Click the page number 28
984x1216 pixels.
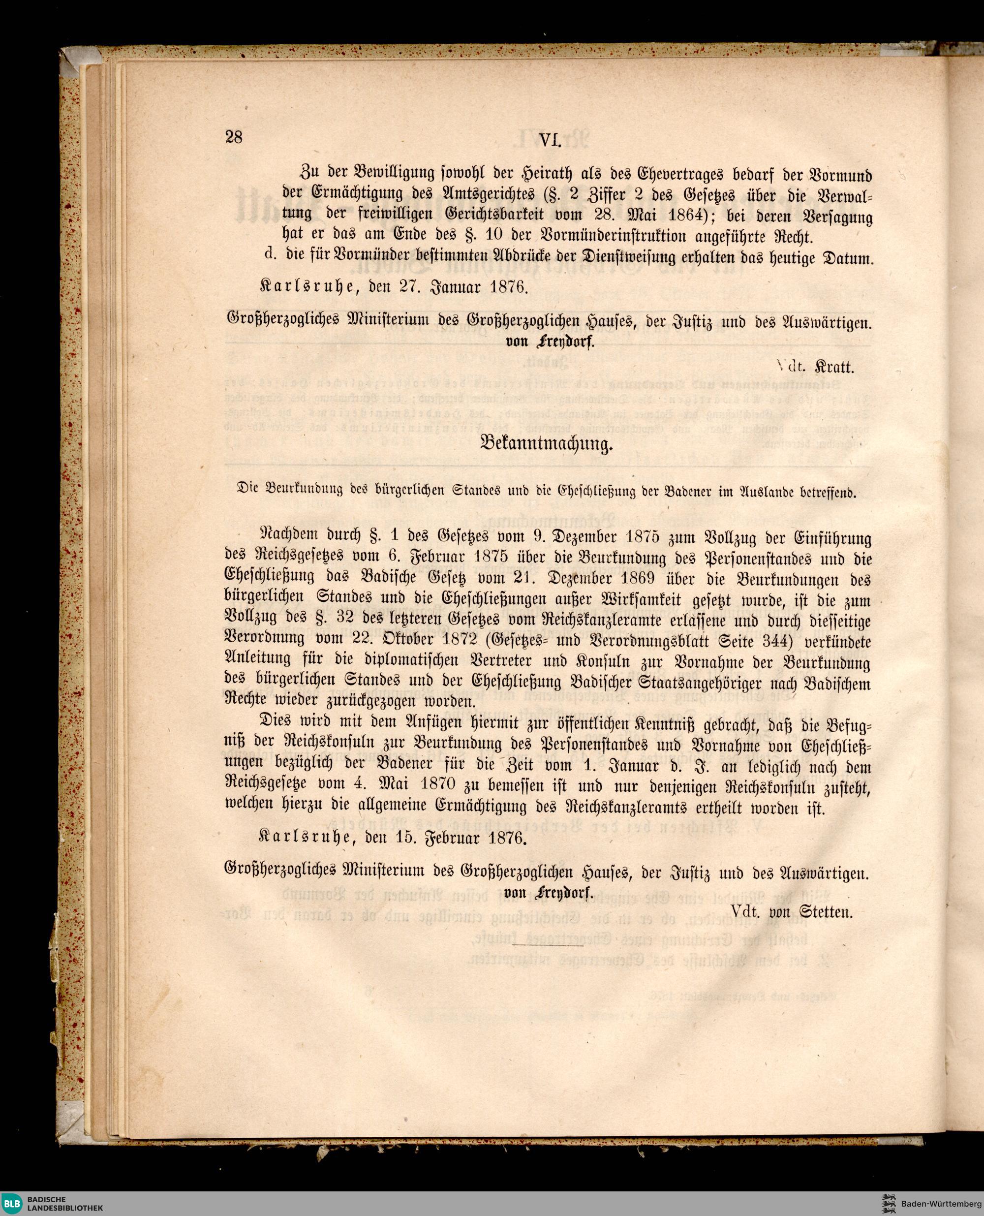234,137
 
